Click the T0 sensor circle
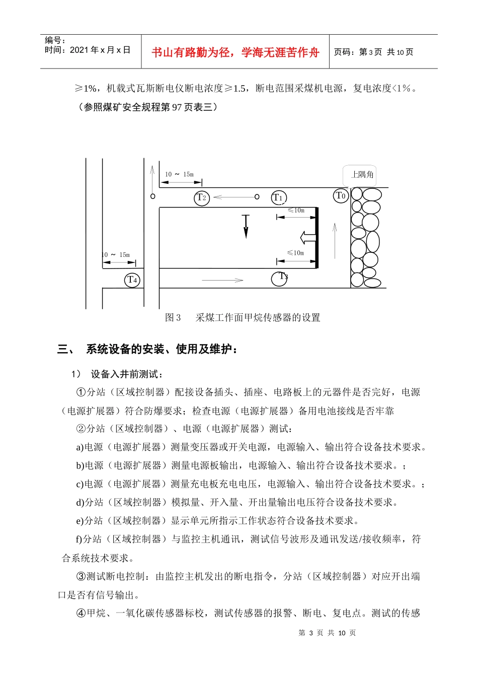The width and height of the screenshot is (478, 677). [341, 195]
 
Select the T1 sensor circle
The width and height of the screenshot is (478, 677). [278, 197]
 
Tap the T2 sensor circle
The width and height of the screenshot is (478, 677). [201, 197]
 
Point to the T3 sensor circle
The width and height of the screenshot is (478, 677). [279, 278]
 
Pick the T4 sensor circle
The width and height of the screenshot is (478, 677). [132, 280]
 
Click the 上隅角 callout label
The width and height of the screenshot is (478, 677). [362, 174]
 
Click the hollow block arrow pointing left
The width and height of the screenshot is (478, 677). [307, 237]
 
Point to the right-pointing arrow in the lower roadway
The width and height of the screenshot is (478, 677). [222, 280]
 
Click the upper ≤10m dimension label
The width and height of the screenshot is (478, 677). [296, 210]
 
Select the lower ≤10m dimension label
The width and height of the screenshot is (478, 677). [296, 253]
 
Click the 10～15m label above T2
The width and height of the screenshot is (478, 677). [179, 174]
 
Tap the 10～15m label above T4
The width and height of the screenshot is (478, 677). [116, 255]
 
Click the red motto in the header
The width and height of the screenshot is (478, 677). [235, 52]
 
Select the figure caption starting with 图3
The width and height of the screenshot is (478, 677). [243, 317]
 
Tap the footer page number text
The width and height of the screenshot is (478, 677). [327, 633]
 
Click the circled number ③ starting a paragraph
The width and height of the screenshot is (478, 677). [81, 576]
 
